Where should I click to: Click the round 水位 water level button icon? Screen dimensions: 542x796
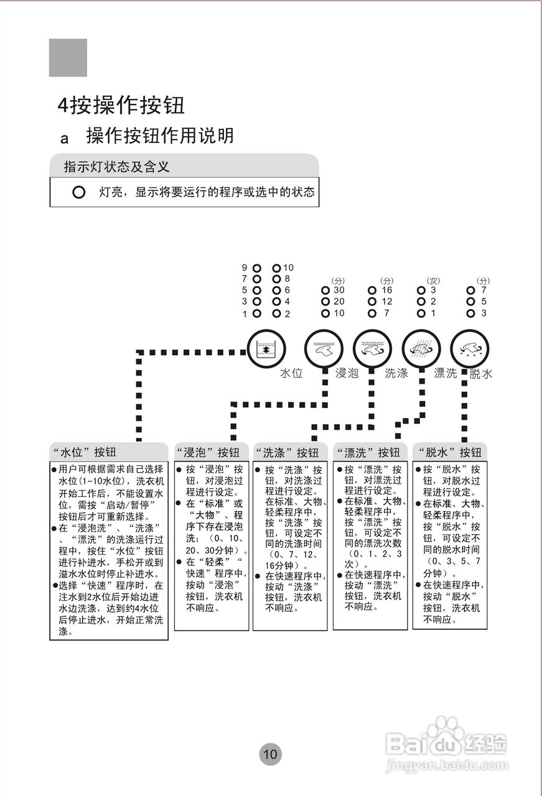click(x=266, y=349)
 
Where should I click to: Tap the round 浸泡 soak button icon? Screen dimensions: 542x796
click(x=324, y=349)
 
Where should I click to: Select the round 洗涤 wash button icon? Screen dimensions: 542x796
click(x=372, y=349)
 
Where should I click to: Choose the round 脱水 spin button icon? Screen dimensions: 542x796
click(x=469, y=349)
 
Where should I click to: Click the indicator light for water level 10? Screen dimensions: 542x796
click(x=277, y=268)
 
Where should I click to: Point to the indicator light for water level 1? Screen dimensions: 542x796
click(x=257, y=313)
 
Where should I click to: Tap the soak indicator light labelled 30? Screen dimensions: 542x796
click(x=325, y=290)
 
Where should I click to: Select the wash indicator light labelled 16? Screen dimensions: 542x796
click(x=372, y=290)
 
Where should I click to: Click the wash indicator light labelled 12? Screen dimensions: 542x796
click(x=372, y=302)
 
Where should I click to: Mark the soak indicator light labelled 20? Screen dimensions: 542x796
click(x=325, y=302)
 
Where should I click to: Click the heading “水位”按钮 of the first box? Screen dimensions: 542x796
click(x=84, y=452)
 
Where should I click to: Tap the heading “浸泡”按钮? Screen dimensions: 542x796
click(x=208, y=452)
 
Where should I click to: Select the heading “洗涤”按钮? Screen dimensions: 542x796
click(x=287, y=452)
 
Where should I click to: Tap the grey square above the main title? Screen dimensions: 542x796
click(x=68, y=58)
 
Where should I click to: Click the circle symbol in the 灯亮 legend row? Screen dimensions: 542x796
click(x=78, y=192)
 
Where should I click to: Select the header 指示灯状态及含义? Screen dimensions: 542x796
click(x=116, y=166)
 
